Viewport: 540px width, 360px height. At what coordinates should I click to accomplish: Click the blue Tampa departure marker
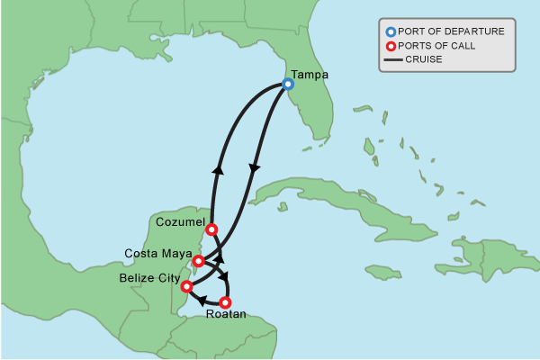[288, 84]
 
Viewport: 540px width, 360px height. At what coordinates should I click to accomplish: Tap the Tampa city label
[310, 75]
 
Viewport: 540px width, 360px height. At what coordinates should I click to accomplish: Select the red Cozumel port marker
[211, 229]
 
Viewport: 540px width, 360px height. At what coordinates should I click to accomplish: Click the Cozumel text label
[181, 221]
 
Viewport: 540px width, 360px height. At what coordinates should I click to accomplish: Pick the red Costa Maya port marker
[199, 261]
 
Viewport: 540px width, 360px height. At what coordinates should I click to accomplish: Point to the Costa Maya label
[157, 253]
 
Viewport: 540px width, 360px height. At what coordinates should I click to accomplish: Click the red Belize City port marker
[186, 287]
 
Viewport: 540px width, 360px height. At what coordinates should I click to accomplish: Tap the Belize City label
[148, 278]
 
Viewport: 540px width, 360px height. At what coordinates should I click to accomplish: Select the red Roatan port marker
[225, 302]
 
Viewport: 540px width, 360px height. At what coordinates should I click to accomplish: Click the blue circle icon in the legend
[391, 31]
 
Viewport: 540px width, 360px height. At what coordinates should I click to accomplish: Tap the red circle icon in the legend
[391, 46]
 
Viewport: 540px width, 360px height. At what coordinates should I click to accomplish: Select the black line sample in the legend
[391, 60]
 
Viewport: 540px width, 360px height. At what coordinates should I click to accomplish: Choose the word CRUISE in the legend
[424, 60]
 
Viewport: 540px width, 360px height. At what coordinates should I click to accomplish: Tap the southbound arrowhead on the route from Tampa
[254, 168]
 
